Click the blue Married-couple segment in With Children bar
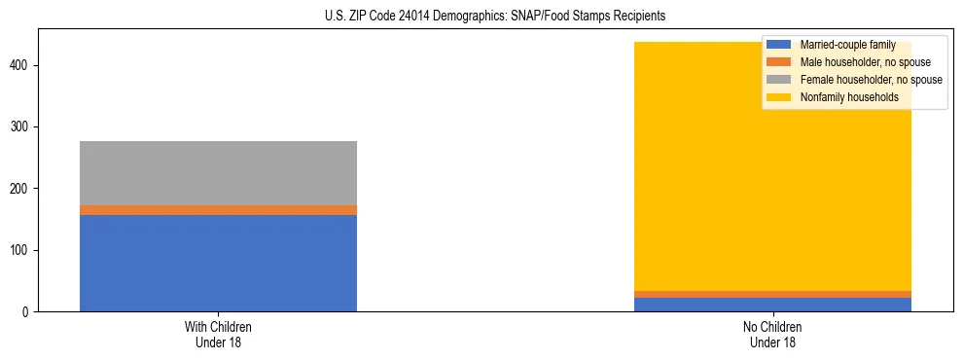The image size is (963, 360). [x=218, y=263]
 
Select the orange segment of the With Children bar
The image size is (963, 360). [x=218, y=209]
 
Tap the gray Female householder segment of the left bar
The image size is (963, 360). [x=218, y=172]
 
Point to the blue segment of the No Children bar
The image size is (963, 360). [x=772, y=305]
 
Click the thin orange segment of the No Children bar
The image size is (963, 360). [x=772, y=294]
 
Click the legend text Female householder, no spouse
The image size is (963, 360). [x=871, y=80]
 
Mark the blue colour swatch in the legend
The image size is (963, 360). [x=779, y=45]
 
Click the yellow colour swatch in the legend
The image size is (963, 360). [x=779, y=97]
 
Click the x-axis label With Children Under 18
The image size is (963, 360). [x=218, y=335]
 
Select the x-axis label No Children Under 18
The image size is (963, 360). [x=772, y=335]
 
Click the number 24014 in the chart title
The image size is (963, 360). [x=413, y=17]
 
